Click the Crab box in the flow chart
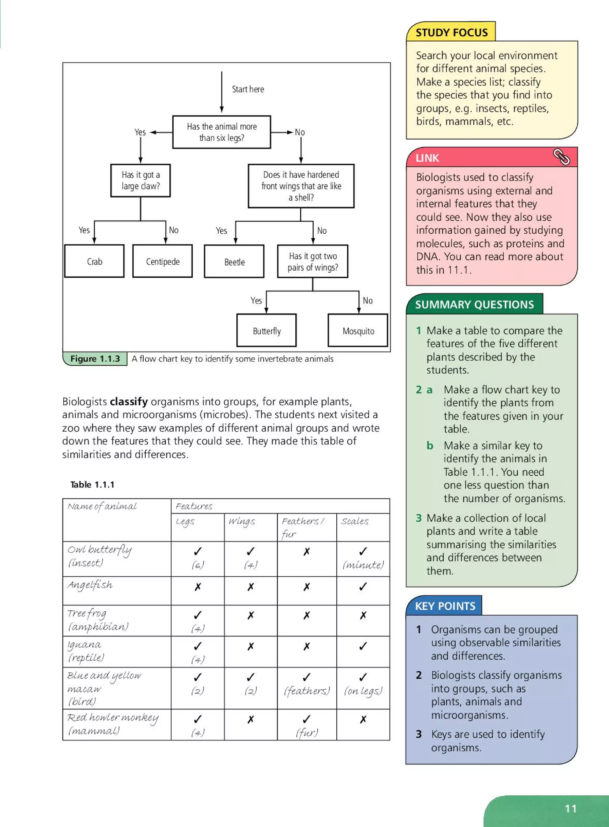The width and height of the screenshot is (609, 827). pos(94,261)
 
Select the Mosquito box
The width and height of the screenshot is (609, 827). pos(358,331)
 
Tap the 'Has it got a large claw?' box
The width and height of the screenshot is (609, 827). pos(140,180)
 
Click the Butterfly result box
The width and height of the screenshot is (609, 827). pos(266,331)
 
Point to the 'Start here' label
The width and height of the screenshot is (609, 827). pos(248,89)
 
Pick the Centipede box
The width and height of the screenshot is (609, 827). pos(163,261)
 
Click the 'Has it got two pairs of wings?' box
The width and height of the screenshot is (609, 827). pos(313,262)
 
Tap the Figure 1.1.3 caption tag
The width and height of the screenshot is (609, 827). pos(95,359)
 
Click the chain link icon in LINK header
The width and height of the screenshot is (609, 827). pos(561,157)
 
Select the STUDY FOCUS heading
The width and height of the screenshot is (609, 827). pos(451,32)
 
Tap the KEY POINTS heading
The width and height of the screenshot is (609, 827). pos(445,606)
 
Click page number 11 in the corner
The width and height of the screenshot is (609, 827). pos(570,809)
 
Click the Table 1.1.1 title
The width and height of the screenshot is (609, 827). pos(92,485)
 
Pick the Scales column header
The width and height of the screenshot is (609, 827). pos(354,521)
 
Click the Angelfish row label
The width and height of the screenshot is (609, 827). pos(90,585)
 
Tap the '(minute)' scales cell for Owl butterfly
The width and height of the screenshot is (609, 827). pos(363,565)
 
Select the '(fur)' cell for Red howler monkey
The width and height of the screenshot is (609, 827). pos(307,732)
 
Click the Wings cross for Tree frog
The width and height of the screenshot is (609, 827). pos(251,615)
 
